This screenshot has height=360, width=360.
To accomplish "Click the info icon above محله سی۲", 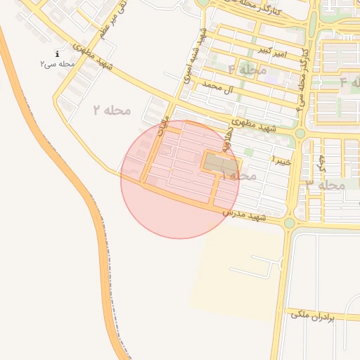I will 57,53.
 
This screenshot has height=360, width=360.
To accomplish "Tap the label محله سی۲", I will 57,64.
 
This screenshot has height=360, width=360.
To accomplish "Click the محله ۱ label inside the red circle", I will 238,174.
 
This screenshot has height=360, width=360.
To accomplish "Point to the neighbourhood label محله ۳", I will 326,184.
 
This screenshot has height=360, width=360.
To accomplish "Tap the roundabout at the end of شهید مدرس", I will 290,223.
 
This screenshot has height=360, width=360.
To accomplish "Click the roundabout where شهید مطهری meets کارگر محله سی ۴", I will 300,133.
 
